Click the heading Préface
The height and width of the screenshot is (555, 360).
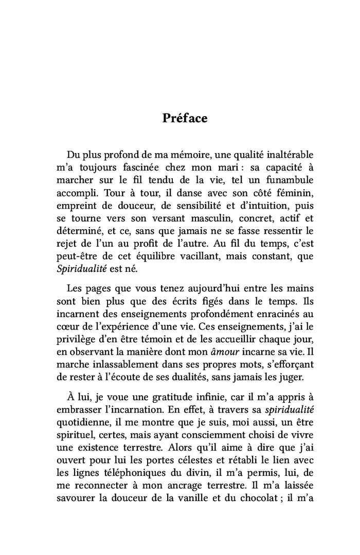(x=185, y=118)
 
